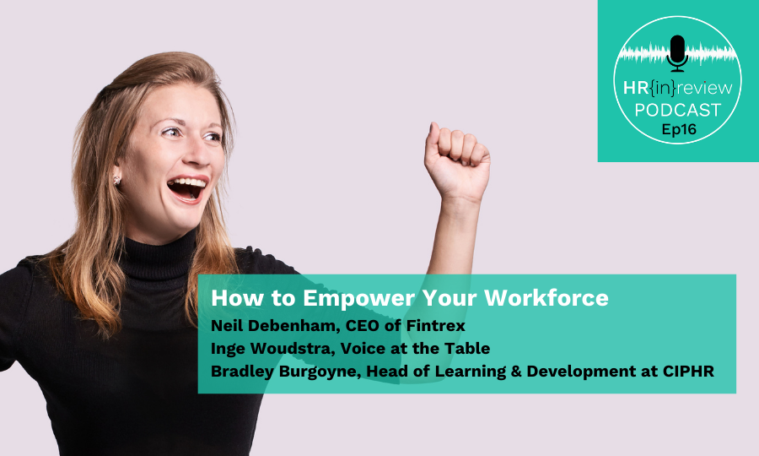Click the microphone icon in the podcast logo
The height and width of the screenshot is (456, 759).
coord(677,53)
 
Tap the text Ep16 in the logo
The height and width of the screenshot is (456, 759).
coord(679,130)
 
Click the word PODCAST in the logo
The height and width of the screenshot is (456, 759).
coord(678,110)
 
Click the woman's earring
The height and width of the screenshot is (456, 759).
coord(116,180)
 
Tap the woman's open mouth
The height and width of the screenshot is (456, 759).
coord(187,188)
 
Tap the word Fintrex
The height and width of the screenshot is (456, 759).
coord(436,326)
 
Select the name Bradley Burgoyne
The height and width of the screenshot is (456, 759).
coord(286,372)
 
